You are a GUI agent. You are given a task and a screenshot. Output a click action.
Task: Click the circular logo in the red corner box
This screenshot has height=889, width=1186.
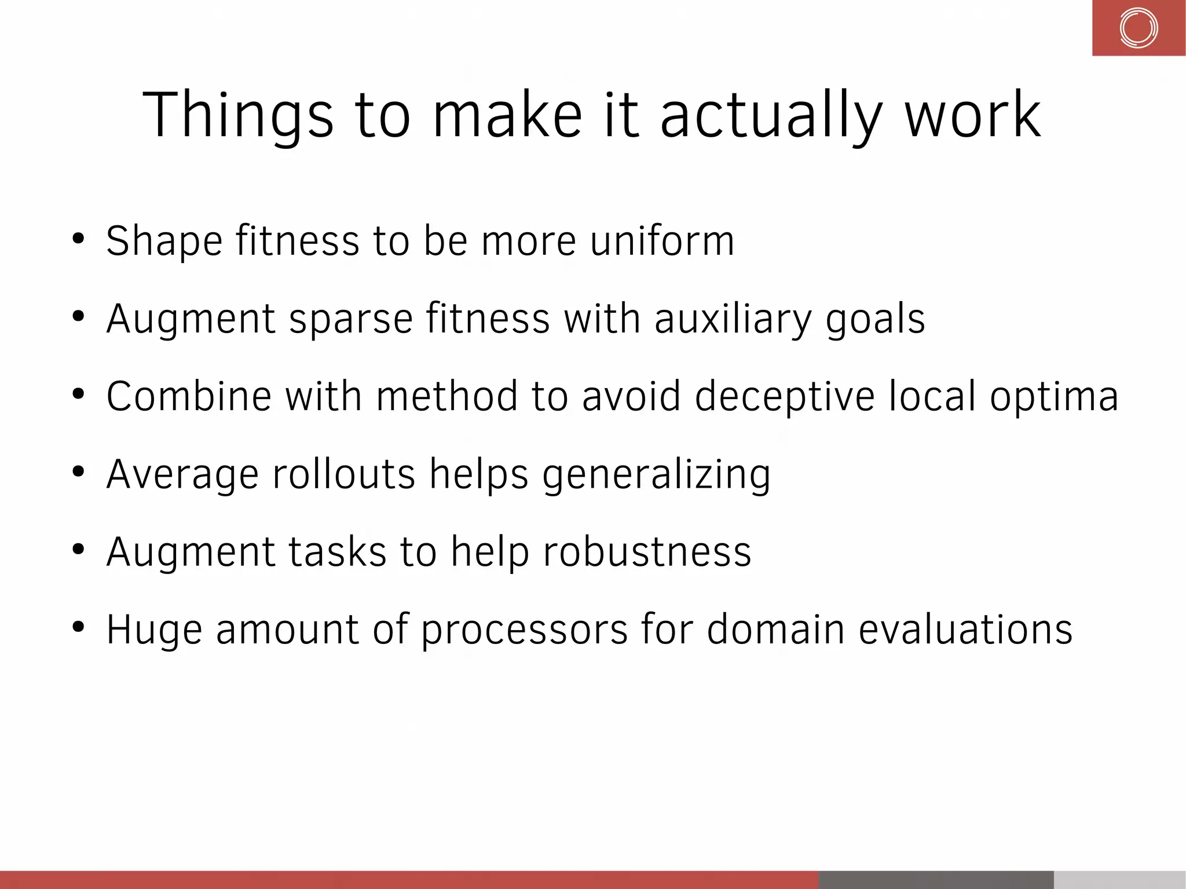click(1138, 28)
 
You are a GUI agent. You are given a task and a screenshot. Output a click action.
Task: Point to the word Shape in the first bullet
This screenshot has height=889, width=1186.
click(164, 241)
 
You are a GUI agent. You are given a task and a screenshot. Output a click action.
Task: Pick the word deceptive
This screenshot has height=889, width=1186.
click(785, 397)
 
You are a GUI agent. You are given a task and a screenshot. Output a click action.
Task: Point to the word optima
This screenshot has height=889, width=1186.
click(1053, 397)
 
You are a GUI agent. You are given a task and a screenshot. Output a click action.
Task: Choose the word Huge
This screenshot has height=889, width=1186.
click(154, 630)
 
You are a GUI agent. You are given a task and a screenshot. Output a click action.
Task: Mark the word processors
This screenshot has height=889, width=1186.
click(524, 630)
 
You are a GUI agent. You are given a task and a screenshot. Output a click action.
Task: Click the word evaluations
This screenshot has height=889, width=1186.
click(965, 630)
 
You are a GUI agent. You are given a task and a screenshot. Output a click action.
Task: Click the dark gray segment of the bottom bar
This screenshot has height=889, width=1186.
click(936, 879)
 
